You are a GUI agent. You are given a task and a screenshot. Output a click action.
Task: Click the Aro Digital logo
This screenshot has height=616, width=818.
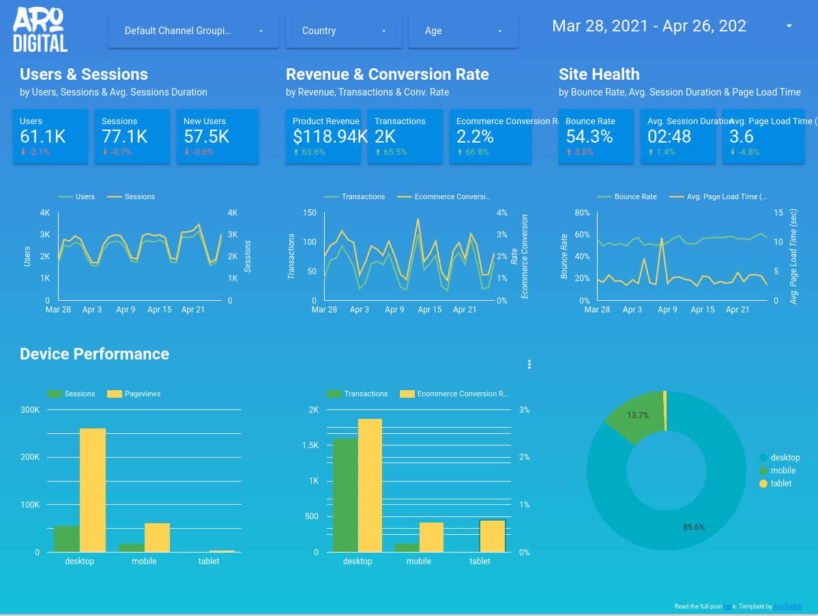(x=40, y=30)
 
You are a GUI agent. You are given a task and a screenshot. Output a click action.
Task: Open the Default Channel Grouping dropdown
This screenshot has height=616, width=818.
(x=194, y=31)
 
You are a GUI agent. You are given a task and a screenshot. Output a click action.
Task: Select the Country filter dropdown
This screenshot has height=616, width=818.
(x=336, y=31)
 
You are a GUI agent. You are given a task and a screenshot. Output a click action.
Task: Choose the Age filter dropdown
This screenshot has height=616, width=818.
(x=463, y=31)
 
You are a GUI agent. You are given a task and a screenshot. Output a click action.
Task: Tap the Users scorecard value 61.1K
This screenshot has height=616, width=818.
(x=43, y=136)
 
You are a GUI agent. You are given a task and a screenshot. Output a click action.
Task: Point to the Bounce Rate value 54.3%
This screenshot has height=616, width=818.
(x=589, y=136)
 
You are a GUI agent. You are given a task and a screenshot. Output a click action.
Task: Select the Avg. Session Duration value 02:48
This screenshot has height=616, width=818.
(x=669, y=136)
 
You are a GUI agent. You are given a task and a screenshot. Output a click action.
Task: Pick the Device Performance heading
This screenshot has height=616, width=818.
(x=94, y=353)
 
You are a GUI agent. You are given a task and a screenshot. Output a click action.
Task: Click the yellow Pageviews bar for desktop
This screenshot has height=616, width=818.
(x=93, y=490)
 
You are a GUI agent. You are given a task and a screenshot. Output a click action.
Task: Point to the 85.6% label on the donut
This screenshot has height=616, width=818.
(x=694, y=527)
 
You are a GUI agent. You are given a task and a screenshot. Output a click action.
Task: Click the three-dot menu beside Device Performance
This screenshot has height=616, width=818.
(x=529, y=364)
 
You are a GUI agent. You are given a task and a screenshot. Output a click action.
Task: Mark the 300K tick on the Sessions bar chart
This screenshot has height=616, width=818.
(x=31, y=410)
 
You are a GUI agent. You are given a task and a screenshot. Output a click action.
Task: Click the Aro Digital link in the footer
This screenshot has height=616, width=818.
(x=788, y=606)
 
